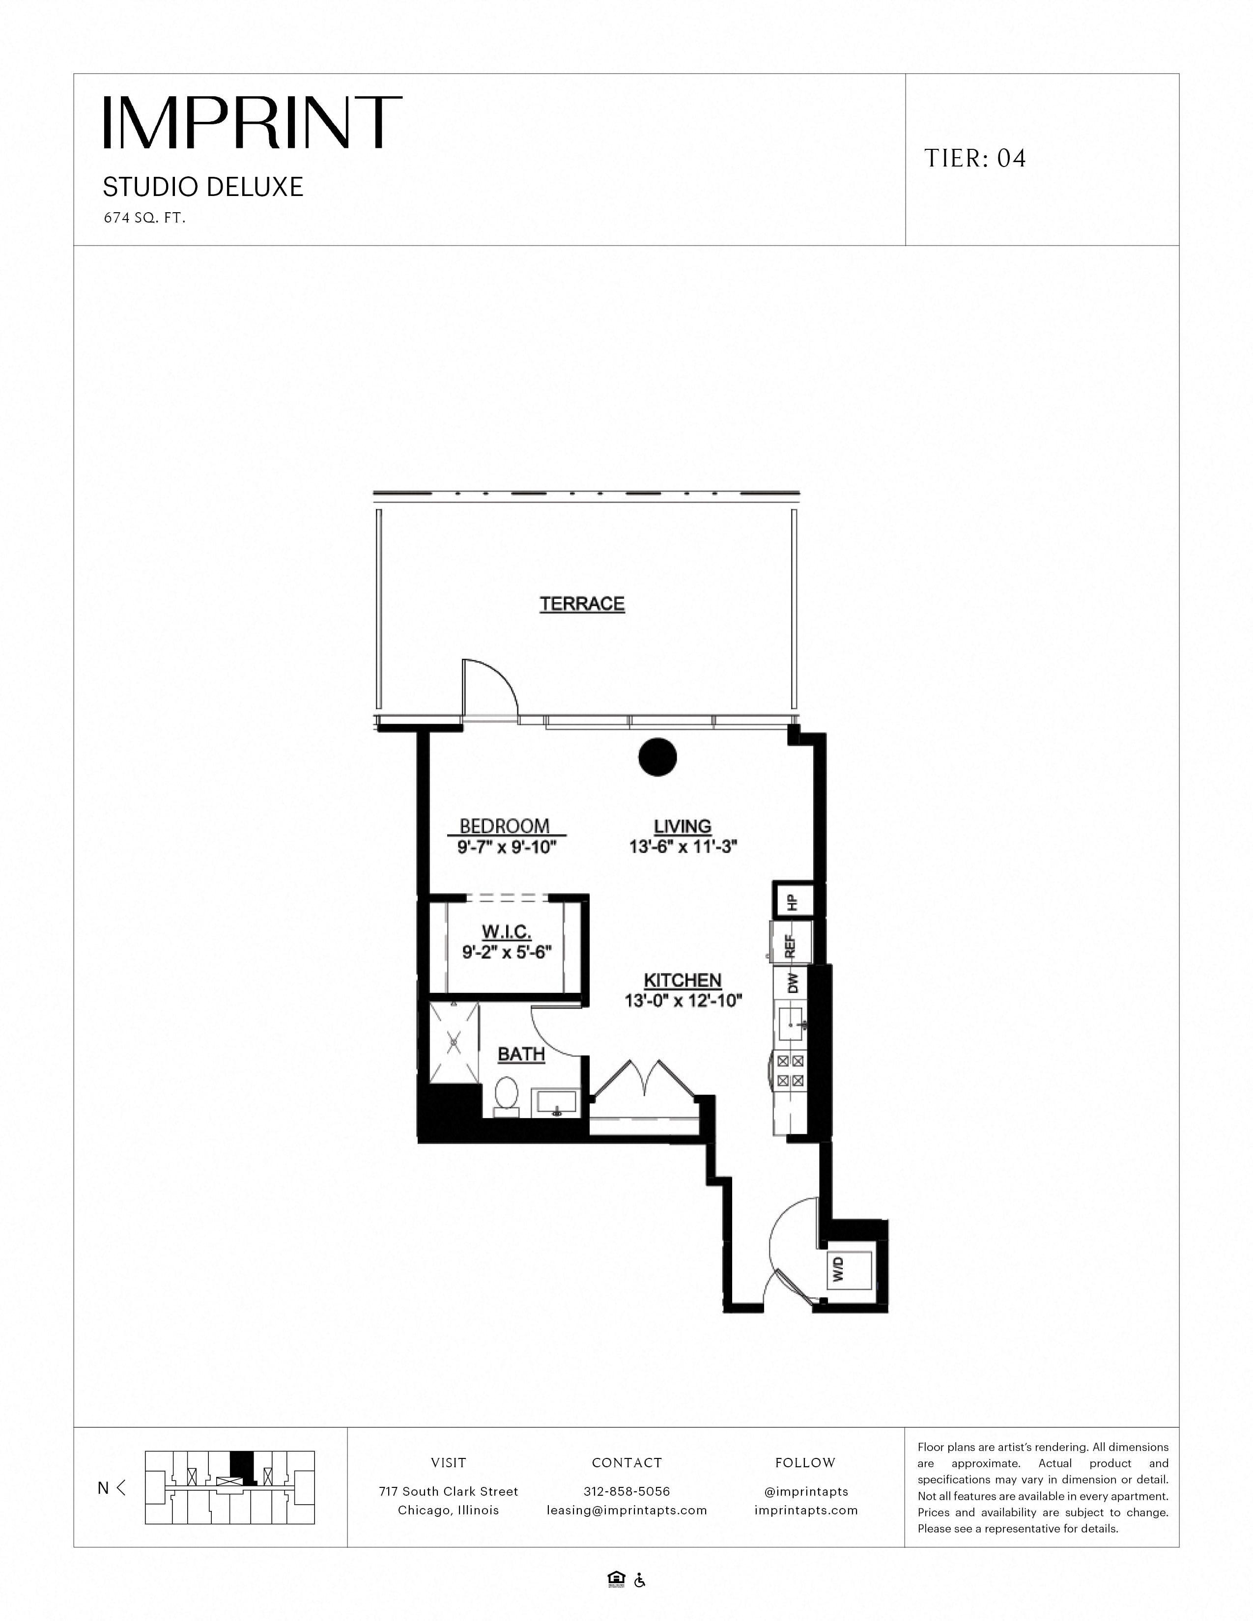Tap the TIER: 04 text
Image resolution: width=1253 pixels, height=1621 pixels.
point(975,158)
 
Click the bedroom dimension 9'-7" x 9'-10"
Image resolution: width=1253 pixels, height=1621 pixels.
point(506,847)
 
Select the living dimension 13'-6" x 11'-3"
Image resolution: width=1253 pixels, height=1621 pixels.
point(683,846)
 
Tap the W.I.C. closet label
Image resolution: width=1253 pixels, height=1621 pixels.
point(506,932)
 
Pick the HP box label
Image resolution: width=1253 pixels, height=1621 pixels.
point(793,902)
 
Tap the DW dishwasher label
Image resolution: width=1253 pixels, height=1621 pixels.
point(793,983)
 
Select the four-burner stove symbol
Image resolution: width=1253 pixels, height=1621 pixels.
point(790,1071)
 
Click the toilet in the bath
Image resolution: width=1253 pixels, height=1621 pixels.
point(507,1096)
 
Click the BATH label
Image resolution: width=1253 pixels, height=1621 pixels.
point(521,1054)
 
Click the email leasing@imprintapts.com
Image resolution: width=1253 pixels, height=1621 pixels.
point(626,1509)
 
